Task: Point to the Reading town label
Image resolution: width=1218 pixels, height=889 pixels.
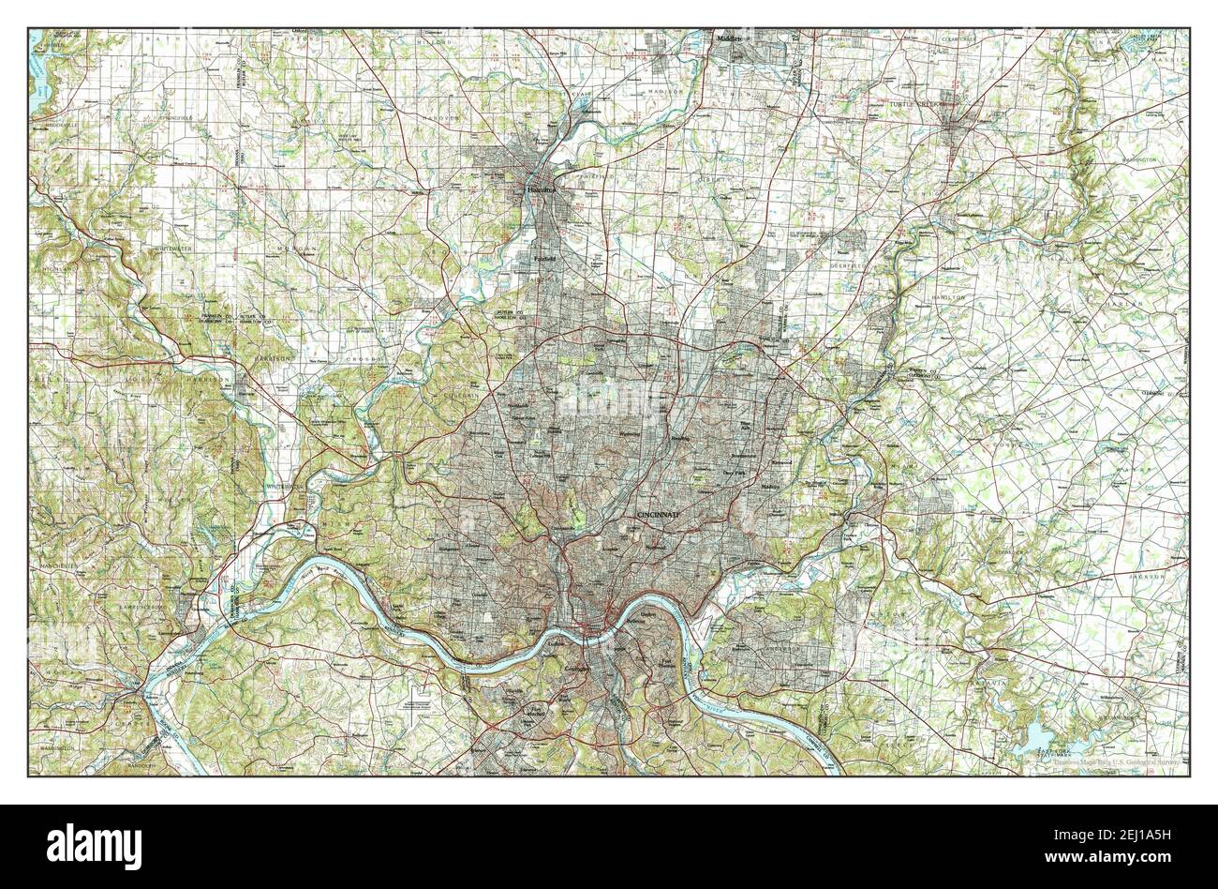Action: tap(680, 437)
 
